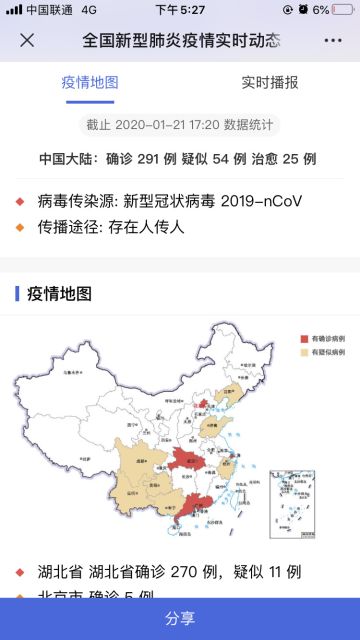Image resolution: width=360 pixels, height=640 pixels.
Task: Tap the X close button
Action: click(27, 41)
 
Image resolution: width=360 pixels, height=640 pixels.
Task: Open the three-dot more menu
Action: click(332, 41)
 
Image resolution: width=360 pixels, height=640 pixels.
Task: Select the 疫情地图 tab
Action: click(89, 82)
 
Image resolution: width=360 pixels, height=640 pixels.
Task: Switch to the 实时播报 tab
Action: click(270, 82)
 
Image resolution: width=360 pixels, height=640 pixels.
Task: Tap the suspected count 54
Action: click(217, 158)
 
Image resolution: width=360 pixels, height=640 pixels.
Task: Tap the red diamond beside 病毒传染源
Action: click(20, 202)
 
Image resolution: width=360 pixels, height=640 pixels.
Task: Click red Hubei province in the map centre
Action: click(186, 461)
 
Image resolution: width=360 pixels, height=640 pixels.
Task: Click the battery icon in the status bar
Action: click(342, 9)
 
